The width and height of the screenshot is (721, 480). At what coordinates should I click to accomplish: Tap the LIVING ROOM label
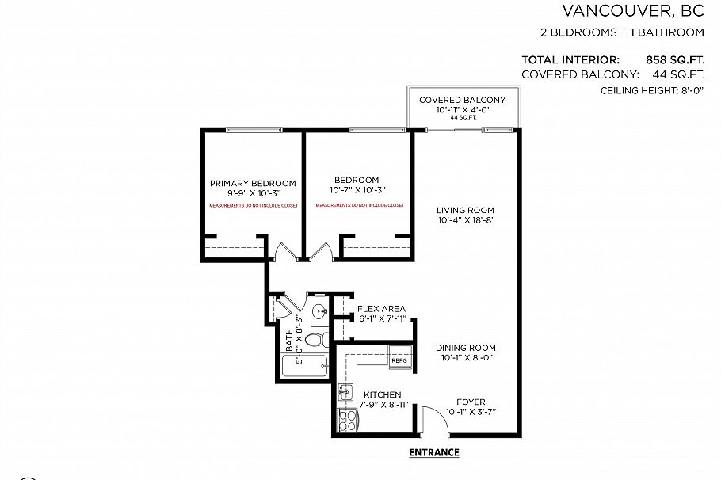coord(465,210)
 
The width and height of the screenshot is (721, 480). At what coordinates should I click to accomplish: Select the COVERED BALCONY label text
coord(462,100)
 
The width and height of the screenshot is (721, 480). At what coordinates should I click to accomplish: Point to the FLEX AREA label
coord(381,309)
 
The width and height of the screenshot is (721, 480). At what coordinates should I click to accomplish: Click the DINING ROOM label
coord(465,348)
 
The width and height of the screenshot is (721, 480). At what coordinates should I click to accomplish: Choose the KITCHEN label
coord(382,394)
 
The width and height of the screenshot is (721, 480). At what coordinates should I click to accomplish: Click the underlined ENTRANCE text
coord(433,453)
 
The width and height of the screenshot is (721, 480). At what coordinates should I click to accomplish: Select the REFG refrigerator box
coord(399,360)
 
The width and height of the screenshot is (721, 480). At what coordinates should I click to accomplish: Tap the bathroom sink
coord(319,310)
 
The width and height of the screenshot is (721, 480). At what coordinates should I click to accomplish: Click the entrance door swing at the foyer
coord(434,420)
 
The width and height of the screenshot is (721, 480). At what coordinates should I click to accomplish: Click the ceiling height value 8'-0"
coord(689,91)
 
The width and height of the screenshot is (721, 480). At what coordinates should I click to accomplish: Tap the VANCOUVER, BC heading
coord(633,11)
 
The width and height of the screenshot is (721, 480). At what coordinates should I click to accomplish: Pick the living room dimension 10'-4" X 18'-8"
coord(465,220)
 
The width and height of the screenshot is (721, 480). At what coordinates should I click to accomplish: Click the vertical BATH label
coord(289,341)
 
